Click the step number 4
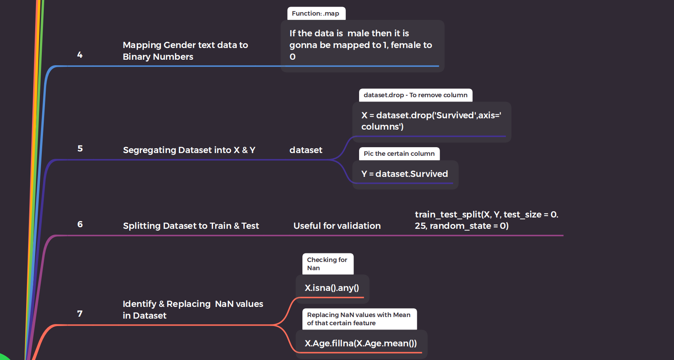tap(80, 55)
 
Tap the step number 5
tap(80, 148)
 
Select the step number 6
tap(80, 224)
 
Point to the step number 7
tap(80, 314)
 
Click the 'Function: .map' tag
tap(316, 13)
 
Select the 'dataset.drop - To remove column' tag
tap(415, 95)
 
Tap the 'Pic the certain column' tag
tap(399, 153)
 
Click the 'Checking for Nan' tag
tap(327, 264)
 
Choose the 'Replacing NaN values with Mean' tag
tap(359, 319)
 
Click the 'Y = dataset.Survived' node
tap(404, 174)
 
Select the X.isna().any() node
tap(332, 288)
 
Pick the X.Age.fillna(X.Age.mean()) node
tap(361, 343)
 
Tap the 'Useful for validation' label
tap(337, 226)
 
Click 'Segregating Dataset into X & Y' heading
tap(189, 150)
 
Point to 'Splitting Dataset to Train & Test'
tap(191, 226)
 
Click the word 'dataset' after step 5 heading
tap(306, 150)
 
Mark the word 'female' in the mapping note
tap(406, 45)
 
